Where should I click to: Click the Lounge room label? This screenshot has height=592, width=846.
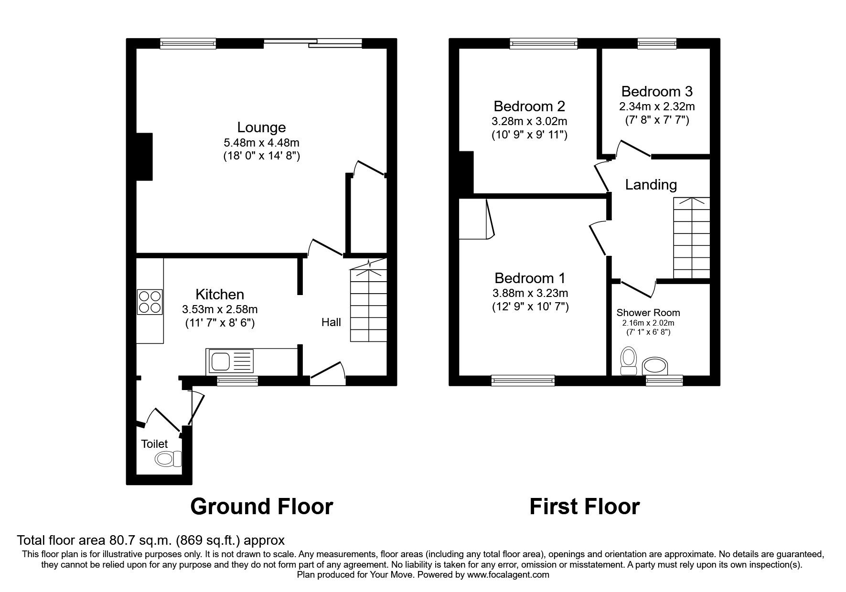pos(261,127)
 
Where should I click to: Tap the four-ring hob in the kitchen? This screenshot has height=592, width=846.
pos(150,302)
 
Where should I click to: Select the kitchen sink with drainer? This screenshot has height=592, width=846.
pos(229,361)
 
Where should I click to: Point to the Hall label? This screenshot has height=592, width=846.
pos(331,322)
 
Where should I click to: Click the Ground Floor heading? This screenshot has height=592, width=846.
pos(261,507)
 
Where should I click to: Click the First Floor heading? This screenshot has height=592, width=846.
pos(584,507)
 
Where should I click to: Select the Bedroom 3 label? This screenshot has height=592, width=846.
pos(656,91)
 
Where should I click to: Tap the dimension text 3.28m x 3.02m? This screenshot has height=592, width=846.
pos(529,121)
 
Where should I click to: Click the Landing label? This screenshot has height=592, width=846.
pos(651,185)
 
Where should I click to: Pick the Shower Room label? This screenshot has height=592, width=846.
pos(648,313)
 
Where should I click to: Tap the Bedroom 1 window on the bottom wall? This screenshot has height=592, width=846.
pos(523,381)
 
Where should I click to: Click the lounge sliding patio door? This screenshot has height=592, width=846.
pos(313,43)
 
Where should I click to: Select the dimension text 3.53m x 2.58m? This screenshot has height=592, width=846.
pos(219,309)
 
